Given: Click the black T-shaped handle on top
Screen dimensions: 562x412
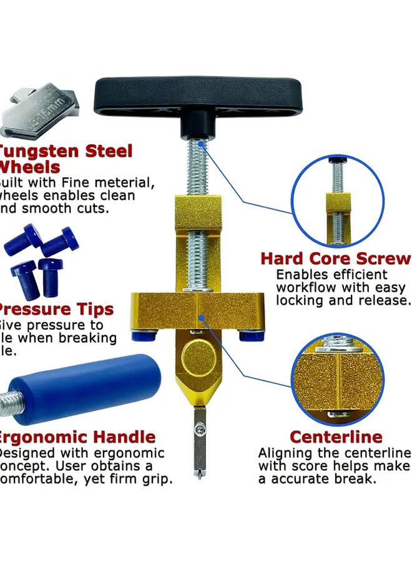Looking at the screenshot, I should pyautogui.click(x=199, y=97).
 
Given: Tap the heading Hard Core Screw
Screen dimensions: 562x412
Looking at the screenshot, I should pyautogui.click(x=335, y=259).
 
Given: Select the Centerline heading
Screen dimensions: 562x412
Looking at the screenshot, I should pyautogui.click(x=336, y=436).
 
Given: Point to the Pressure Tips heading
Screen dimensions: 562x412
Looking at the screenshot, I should pyautogui.click(x=56, y=309).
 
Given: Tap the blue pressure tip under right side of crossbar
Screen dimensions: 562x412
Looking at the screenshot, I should pyautogui.click(x=251, y=337).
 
